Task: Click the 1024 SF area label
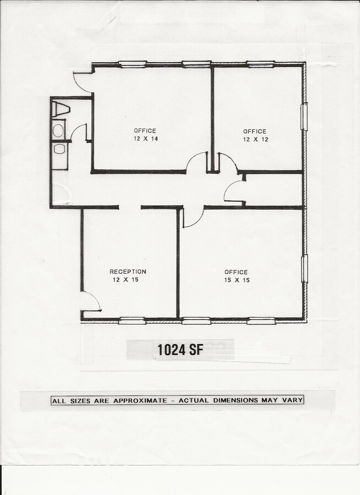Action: tap(180, 350)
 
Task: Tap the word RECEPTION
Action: tap(128, 272)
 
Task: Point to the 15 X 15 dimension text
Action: tap(236, 280)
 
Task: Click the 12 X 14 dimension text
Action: tap(145, 139)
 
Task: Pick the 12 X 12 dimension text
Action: tap(255, 139)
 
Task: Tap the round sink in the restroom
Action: tap(58, 130)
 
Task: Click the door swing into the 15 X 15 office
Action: tap(193, 217)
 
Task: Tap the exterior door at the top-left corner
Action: tap(83, 81)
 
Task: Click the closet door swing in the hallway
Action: tap(234, 193)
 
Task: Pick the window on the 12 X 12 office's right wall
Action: tap(304, 117)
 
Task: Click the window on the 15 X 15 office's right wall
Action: tap(304, 268)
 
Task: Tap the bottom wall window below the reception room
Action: tap(132, 320)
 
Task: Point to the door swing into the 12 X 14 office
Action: tap(196, 163)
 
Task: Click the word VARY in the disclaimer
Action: tap(294, 400)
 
